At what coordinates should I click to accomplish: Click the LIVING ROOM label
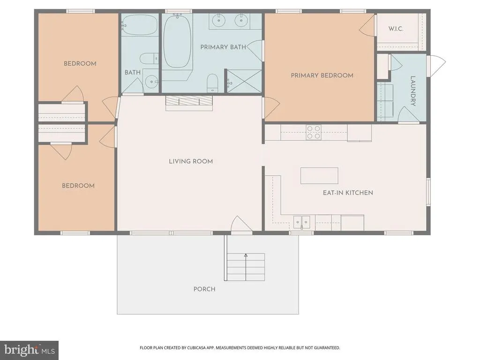tap(191, 161)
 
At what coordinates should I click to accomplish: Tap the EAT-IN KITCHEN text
tap(348, 193)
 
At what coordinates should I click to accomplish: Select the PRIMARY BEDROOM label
tap(322, 75)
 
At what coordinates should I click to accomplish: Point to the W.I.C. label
tap(396, 29)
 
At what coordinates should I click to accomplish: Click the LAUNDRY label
tap(412, 91)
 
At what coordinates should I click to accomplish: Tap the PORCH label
tap(204, 289)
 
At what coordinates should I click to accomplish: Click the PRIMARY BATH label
tap(223, 47)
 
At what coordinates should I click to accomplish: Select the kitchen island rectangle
tap(319, 176)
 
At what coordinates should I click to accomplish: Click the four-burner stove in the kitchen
tap(314, 132)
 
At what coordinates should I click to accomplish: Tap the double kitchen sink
tap(302, 222)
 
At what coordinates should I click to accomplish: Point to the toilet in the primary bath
tap(212, 82)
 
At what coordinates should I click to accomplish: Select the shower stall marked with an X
tap(244, 81)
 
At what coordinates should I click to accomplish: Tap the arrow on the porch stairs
tap(246, 267)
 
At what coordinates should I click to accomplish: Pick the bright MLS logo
tap(30, 350)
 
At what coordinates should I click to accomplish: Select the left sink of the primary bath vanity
tap(218, 21)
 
